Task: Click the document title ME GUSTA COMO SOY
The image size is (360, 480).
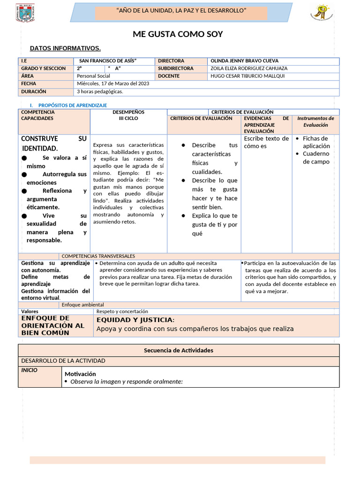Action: pos(178,34)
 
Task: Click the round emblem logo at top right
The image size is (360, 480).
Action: pos(322,12)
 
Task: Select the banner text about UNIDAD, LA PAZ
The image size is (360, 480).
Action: pos(181,11)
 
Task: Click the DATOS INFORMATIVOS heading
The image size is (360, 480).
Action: pos(65,48)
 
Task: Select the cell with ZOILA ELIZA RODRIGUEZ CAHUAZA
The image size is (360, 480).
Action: pos(249,68)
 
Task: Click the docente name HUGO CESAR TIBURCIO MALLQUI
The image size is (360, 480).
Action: pos(247,76)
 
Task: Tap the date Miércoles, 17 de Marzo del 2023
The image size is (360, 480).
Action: pos(113,83)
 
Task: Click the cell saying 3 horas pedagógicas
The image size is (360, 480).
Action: pos(100,91)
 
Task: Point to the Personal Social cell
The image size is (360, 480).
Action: pos(93,76)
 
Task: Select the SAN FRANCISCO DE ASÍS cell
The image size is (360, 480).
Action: pos(108,61)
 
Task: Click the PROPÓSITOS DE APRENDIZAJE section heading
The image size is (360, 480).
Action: pos(73,105)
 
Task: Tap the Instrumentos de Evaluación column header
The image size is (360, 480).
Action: pos(315,122)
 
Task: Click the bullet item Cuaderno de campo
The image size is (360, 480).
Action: pos(316,157)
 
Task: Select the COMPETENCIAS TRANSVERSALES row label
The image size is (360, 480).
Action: pos(98,256)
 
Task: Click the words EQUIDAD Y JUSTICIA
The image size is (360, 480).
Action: pos(135,320)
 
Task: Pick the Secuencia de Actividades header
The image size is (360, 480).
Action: pos(178,350)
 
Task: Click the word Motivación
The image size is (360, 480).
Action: pos(80,374)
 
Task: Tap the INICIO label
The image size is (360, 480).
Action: pos(29,370)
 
